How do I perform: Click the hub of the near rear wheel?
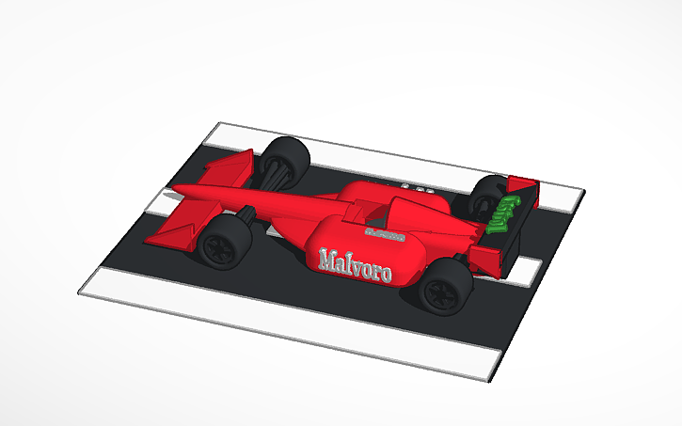pyautogui.click(x=439, y=292)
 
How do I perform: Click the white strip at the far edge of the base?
pyautogui.click(x=395, y=150)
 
